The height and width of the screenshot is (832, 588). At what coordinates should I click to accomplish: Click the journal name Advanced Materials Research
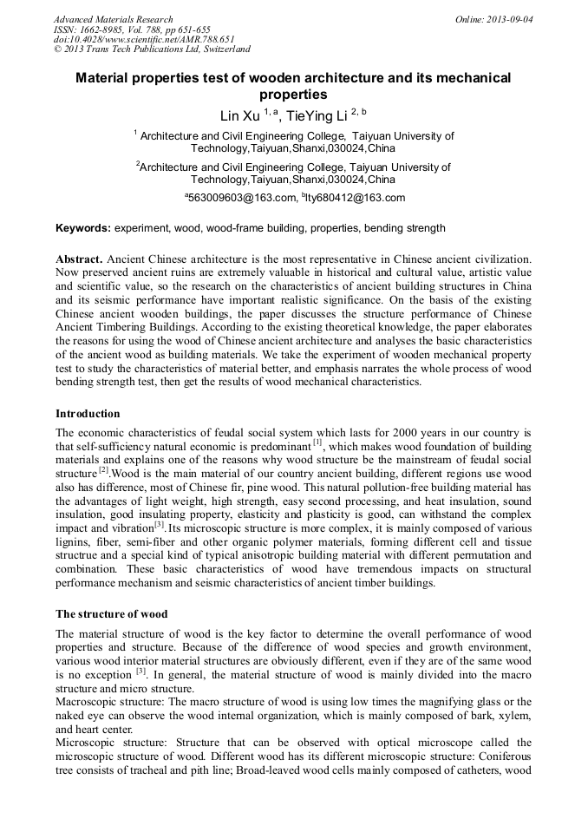click(x=113, y=19)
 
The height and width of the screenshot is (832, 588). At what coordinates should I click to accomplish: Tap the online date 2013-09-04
click(x=513, y=19)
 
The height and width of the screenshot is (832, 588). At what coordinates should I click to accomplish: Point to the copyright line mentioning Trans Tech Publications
click(x=152, y=49)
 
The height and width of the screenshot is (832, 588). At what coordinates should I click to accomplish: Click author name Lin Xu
click(x=242, y=115)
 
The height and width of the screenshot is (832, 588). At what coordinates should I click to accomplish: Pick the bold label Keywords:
click(x=83, y=229)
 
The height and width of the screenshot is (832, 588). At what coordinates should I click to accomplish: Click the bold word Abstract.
click(x=80, y=260)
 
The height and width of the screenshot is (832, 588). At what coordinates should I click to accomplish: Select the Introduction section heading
click(x=88, y=414)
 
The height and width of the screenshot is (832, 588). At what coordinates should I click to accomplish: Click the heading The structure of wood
click(x=112, y=613)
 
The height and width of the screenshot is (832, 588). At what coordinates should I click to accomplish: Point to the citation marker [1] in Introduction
click(x=317, y=442)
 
